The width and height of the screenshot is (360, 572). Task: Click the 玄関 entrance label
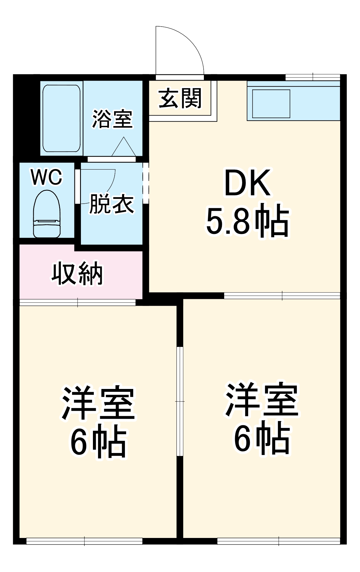[180, 98]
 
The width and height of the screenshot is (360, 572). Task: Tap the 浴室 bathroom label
[112, 119]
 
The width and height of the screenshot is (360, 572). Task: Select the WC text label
[47, 177]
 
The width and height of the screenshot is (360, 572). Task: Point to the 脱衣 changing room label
[112, 204]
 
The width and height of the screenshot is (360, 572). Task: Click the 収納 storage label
[77, 274]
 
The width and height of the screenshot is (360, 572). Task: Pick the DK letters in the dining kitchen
[247, 183]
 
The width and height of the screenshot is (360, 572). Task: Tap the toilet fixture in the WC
[47, 214]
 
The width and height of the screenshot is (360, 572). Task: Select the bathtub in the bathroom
[61, 118]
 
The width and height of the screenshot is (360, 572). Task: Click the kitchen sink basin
[271, 104]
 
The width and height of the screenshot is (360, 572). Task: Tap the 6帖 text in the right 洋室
[262, 441]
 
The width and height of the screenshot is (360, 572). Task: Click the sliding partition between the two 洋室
[180, 400]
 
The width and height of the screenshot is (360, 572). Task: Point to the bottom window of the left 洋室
[84, 541]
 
